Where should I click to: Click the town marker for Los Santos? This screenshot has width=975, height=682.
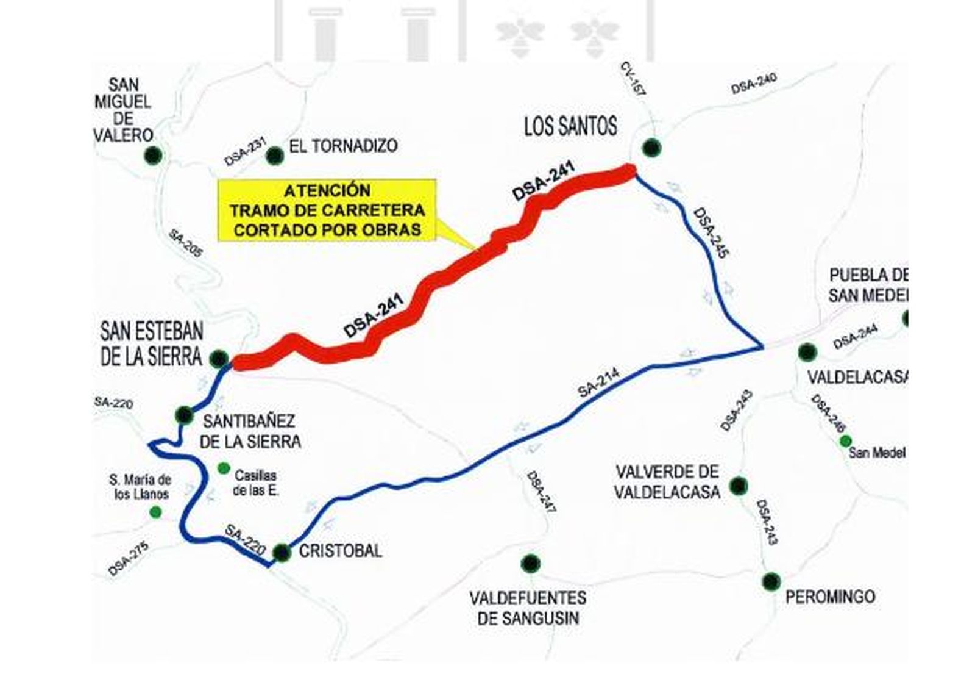(651, 148)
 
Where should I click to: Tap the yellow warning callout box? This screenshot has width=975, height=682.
(327, 210)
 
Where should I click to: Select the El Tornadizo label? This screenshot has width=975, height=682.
(344, 146)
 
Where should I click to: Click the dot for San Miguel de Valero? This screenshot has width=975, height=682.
(153, 155)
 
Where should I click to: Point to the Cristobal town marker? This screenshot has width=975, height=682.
(282, 553)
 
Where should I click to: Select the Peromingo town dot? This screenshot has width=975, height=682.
(771, 581)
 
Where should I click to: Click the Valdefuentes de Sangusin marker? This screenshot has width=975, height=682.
(531, 563)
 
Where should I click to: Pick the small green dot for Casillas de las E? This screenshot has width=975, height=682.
(224, 468)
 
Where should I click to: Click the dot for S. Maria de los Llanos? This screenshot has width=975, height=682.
(155, 512)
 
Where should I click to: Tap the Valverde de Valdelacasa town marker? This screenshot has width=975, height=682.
(739, 486)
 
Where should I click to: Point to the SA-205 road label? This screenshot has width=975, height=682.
(185, 243)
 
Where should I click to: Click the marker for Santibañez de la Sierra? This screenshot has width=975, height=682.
(184, 415)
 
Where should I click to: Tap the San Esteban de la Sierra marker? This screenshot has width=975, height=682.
(219, 359)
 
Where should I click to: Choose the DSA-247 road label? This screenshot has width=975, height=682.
(542, 495)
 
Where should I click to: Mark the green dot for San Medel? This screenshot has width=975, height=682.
(845, 440)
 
